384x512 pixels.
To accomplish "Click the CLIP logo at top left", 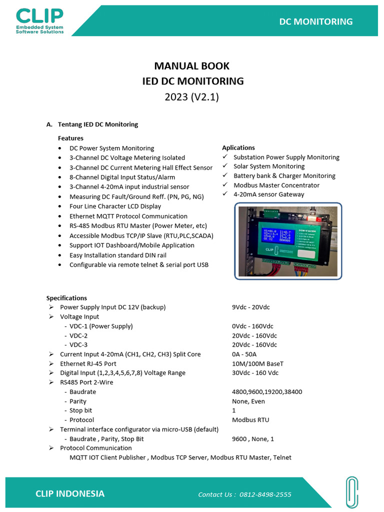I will tap(40, 20).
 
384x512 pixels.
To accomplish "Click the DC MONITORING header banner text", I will tap(315, 21).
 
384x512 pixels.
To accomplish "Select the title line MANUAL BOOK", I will tap(192, 66).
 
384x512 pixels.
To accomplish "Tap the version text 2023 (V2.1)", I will tap(192, 97).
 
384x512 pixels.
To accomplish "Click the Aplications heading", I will tap(238, 147).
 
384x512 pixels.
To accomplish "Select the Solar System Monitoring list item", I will tap(269, 166).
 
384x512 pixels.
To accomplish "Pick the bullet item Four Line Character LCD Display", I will tap(115, 206).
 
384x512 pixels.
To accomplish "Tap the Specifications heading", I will tap(66, 298).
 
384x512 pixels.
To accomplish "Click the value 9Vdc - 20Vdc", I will tap(251, 307).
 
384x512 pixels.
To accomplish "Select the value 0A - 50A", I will tap(245, 354).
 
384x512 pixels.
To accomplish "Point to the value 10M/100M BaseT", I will tap(257, 363).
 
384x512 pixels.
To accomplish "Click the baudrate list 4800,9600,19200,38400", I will tap(267, 392).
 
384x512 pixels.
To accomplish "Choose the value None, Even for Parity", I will tap(248, 401).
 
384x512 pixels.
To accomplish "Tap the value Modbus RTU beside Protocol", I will tap(250, 420).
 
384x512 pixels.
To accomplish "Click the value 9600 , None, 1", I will tap(253, 439).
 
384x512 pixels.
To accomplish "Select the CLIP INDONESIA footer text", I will tap(70, 493).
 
